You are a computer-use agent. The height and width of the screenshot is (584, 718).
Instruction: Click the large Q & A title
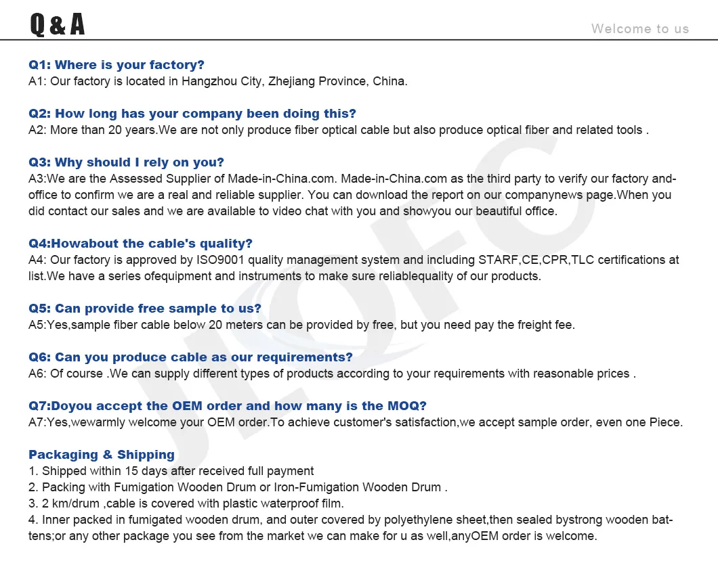tap(58, 24)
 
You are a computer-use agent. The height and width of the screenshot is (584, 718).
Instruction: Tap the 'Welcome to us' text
tap(639, 28)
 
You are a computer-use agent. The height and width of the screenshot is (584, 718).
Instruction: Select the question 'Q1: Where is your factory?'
tap(116, 65)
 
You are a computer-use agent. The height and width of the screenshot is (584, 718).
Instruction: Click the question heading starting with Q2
tap(192, 114)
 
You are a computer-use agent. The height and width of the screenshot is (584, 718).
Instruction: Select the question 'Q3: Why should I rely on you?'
tap(126, 162)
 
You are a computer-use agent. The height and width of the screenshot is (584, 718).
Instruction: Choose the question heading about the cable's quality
tap(140, 244)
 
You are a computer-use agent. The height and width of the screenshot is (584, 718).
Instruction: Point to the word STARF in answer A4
tap(497, 260)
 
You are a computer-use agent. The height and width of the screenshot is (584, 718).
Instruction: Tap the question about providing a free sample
tap(145, 309)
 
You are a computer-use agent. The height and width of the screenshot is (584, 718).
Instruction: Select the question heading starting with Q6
tap(190, 357)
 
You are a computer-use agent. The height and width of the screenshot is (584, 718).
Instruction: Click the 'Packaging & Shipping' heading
tap(102, 455)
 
